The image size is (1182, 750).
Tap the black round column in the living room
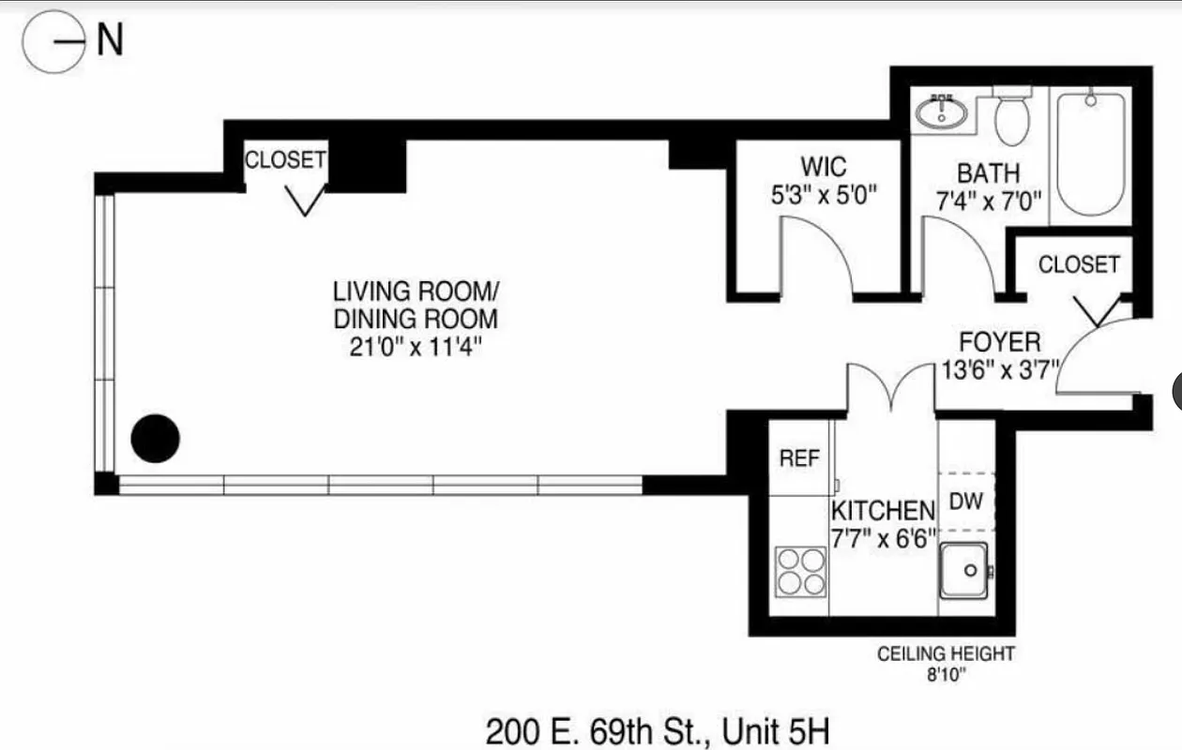[155, 438]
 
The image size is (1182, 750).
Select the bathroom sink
[940, 112]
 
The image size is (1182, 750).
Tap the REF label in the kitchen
[799, 458]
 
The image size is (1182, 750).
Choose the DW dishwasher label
[965, 502]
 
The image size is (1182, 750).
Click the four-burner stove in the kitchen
[800, 572]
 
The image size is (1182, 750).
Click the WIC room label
[823, 168]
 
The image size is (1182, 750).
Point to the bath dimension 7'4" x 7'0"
[988, 200]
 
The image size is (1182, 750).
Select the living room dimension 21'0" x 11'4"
[415, 347]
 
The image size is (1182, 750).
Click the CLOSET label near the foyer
[1079, 265]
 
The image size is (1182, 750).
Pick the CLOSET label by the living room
[285, 160]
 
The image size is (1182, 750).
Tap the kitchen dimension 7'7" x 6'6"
[883, 538]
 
